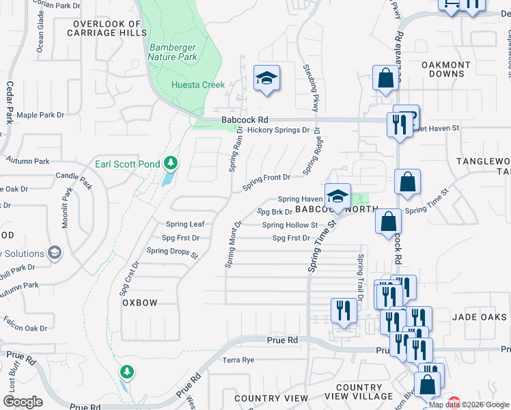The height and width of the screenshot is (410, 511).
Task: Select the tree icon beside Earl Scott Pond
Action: coord(170,163)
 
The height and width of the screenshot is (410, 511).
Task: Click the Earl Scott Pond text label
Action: coord(127,164)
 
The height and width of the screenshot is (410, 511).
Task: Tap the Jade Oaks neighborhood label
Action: coord(478,318)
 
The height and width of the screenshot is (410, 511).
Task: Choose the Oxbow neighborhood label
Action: coord(140,303)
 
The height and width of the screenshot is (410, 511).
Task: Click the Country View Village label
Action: coord(359,392)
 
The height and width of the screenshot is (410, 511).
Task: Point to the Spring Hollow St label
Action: coord(290,225)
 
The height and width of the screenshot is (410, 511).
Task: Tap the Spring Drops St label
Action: coord(171,251)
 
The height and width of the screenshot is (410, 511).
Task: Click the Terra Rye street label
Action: coord(238,359)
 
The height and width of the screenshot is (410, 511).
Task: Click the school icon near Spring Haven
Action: coord(337,197)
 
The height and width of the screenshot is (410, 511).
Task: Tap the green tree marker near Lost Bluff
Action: coord(126,372)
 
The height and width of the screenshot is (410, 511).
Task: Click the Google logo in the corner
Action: coord(23,402)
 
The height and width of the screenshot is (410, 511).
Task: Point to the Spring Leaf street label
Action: coord(185,224)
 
